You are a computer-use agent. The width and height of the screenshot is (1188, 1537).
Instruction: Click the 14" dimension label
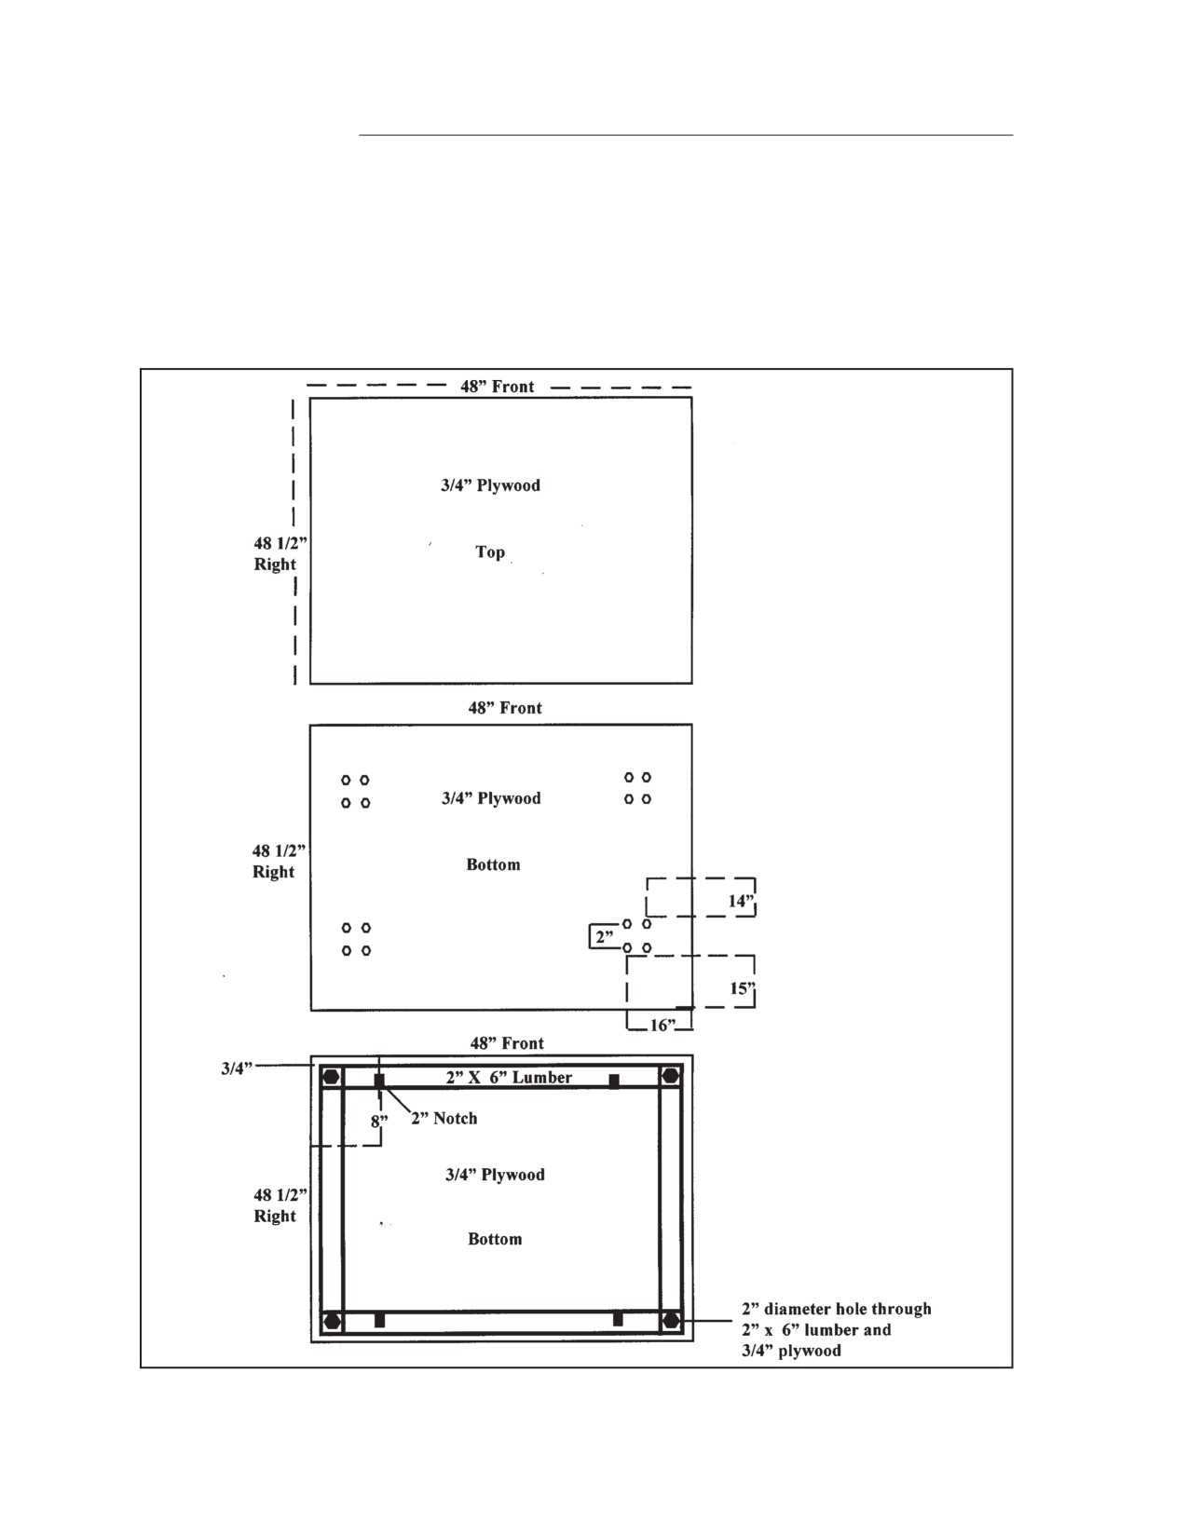click(x=741, y=901)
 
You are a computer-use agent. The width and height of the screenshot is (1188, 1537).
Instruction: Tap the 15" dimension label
click(x=743, y=988)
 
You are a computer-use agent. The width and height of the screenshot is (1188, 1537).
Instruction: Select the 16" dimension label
click(x=662, y=1025)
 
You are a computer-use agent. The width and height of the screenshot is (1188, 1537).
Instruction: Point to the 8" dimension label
click(x=379, y=1122)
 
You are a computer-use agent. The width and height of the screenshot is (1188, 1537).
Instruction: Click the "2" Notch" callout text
click(x=444, y=1118)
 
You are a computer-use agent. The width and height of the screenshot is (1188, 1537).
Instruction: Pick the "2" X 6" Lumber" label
click(x=509, y=1077)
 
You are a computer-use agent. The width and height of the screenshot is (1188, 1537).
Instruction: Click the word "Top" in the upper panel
click(x=489, y=551)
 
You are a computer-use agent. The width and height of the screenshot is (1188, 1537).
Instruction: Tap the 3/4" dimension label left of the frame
click(x=237, y=1068)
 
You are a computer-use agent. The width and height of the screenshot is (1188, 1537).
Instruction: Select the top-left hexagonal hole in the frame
click(x=331, y=1077)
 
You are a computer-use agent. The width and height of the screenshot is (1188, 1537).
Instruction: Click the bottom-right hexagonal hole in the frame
click(x=670, y=1320)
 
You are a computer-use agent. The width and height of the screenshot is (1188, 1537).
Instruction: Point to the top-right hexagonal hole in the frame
click(x=670, y=1077)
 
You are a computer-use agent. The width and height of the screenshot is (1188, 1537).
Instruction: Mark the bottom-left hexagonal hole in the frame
click(x=331, y=1321)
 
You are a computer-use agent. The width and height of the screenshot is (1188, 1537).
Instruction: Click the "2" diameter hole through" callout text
click(x=837, y=1309)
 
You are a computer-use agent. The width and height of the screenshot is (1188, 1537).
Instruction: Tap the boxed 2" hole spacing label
click(x=604, y=937)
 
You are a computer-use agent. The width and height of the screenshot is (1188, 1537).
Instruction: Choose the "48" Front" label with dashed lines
click(x=498, y=387)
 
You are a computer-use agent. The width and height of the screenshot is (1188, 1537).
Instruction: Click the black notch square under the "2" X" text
click(x=379, y=1080)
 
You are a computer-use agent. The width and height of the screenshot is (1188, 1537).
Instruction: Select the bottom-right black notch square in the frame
click(x=618, y=1319)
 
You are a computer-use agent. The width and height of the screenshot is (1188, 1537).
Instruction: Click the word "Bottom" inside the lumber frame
click(x=496, y=1239)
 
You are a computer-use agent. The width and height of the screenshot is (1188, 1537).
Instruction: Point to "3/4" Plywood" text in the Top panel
click(x=490, y=485)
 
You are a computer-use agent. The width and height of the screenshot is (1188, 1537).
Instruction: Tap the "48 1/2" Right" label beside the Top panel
click(x=280, y=554)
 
